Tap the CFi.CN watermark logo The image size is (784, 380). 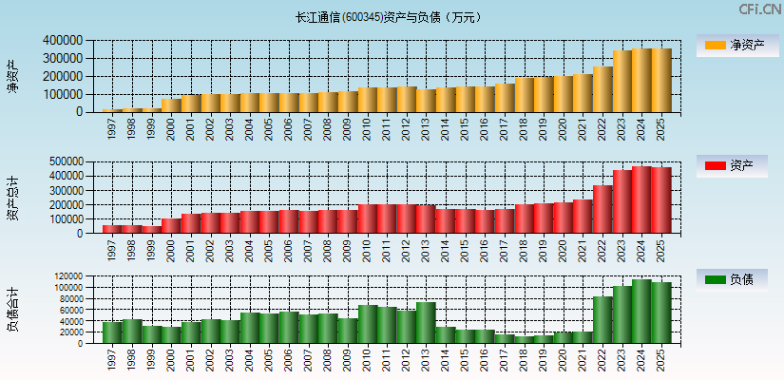point(760,9)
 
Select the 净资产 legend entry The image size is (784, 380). point(736,46)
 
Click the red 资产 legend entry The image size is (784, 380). point(736,166)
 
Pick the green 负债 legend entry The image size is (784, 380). point(736,279)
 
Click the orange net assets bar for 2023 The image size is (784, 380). point(622,82)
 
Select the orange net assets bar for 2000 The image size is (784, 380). point(171,105)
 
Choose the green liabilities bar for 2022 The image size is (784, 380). point(602,320)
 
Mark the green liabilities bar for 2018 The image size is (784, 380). point(524,339)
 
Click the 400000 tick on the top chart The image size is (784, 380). point(62,41)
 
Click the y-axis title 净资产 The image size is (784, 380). point(12,76)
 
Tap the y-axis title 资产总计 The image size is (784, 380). point(12,197)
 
